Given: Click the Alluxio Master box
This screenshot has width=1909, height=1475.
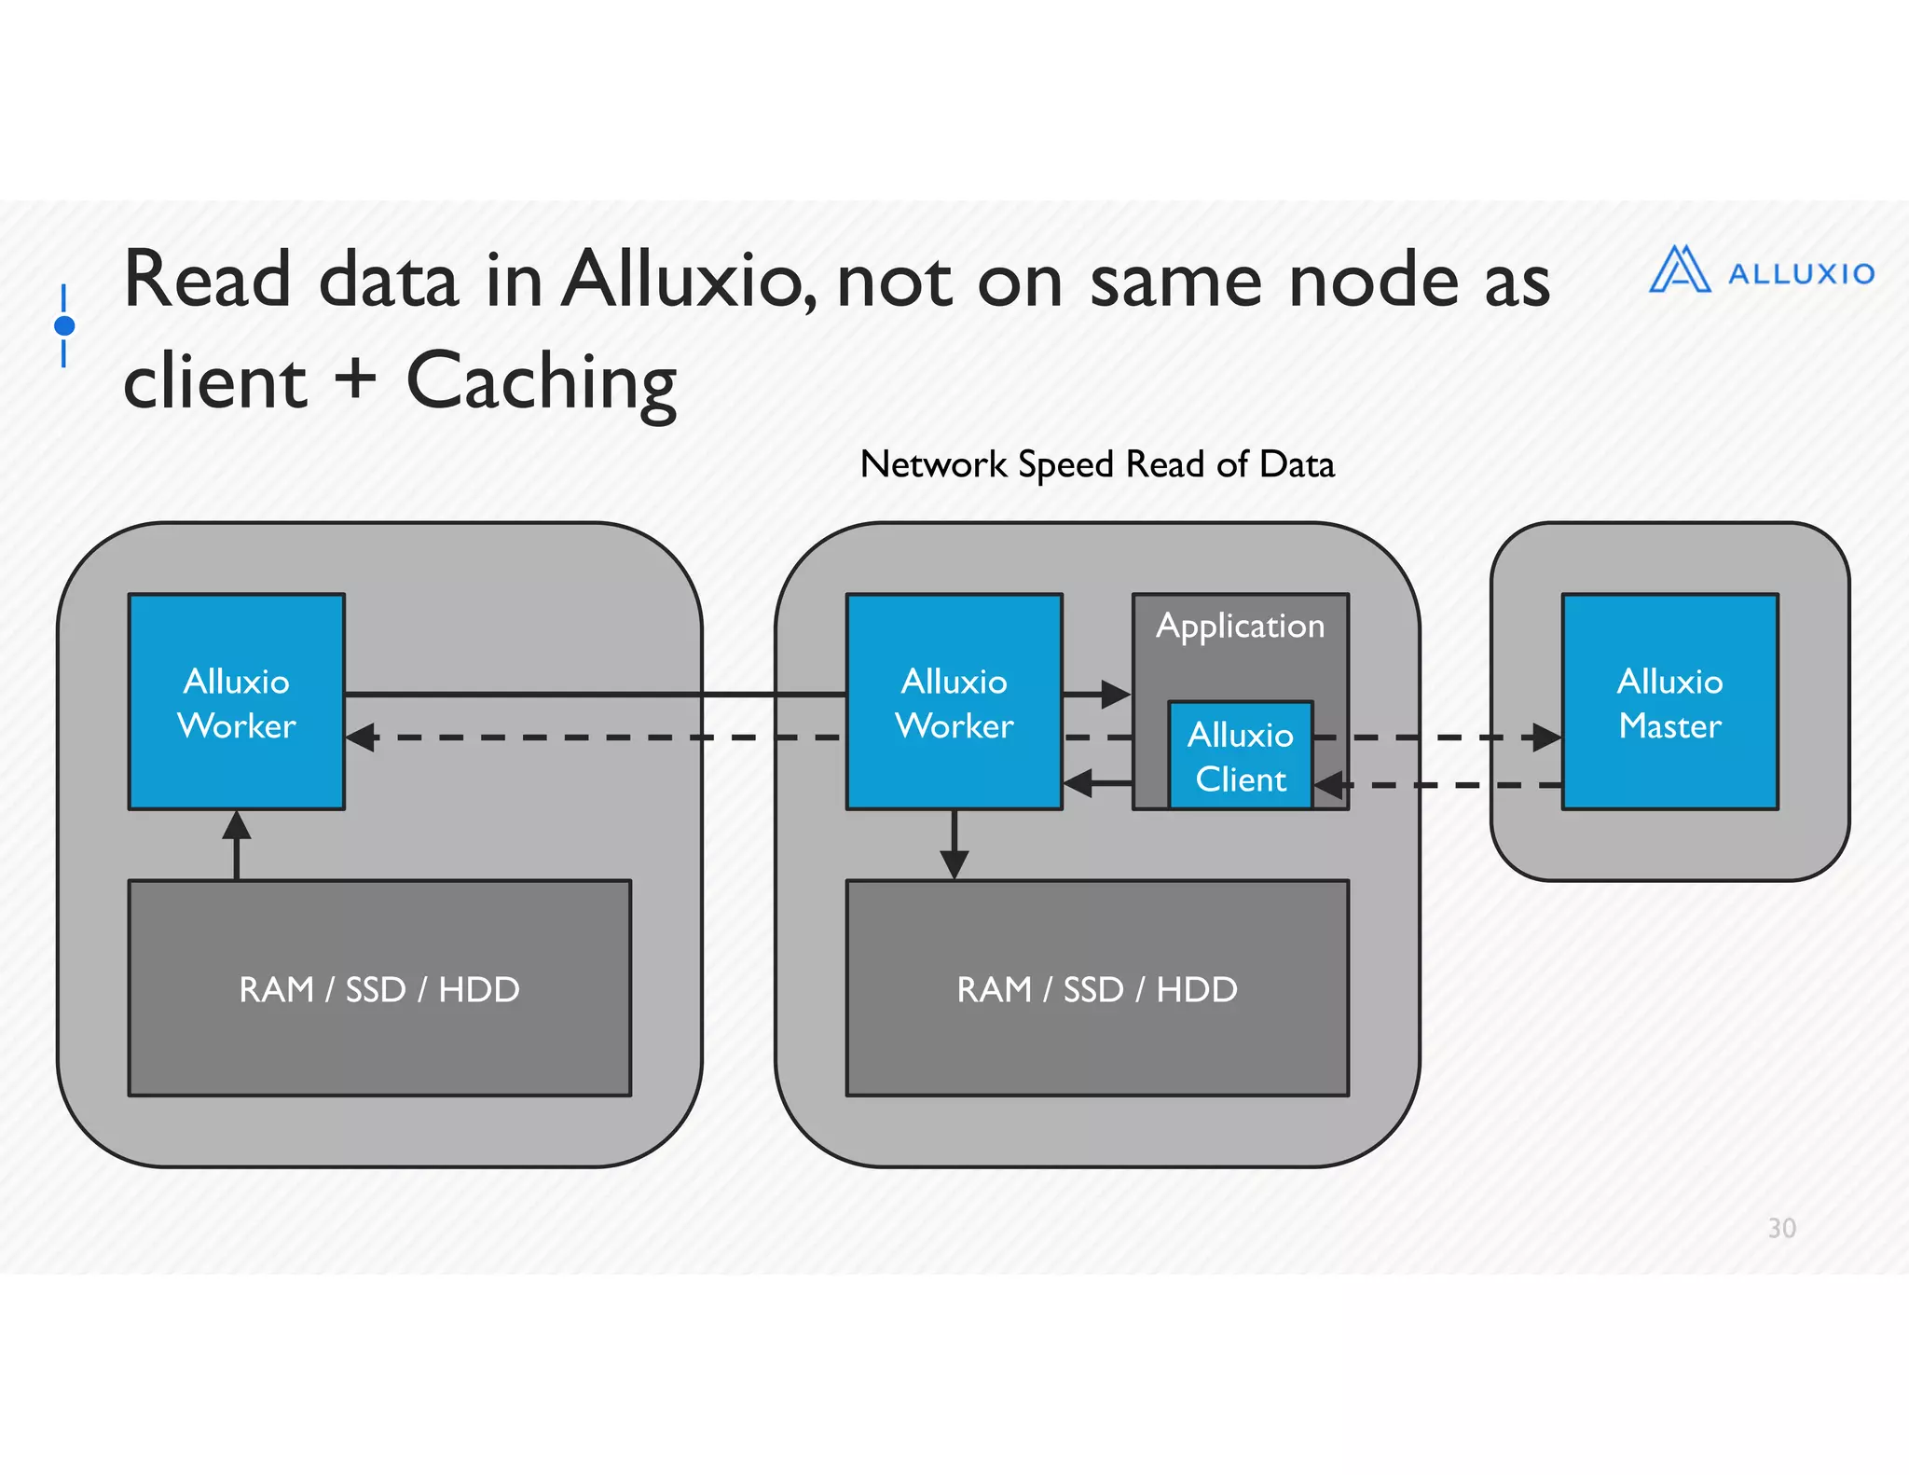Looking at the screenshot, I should [1669, 702].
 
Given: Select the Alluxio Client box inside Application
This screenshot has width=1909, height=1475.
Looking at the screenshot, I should [1240, 755].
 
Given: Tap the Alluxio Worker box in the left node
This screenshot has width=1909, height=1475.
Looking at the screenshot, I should [237, 702].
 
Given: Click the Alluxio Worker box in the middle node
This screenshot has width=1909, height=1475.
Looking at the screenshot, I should [954, 702].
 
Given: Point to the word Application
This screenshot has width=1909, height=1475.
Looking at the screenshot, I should [1240, 626].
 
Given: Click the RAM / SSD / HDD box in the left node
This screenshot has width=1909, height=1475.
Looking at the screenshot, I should [379, 988].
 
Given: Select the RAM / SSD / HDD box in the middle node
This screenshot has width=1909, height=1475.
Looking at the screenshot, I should [1097, 988].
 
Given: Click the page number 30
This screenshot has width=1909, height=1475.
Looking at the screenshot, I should [1781, 1228].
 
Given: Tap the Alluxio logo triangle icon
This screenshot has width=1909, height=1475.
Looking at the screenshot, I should [1679, 270].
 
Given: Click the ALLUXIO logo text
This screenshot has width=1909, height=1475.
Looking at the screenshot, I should [1801, 274].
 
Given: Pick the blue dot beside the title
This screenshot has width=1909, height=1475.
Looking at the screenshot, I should [64, 325].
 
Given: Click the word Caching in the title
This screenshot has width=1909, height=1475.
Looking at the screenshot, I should [541, 381].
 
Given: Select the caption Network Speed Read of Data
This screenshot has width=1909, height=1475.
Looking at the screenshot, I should [1097, 464].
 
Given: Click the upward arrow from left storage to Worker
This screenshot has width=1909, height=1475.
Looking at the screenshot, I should [237, 828].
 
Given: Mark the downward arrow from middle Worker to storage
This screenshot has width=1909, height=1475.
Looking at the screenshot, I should [954, 862].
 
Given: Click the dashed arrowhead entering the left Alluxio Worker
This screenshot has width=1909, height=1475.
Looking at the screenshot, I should [362, 737].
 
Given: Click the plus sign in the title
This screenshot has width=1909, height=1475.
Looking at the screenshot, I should [355, 379].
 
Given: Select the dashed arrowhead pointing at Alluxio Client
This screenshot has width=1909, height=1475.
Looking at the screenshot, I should [1329, 785].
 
